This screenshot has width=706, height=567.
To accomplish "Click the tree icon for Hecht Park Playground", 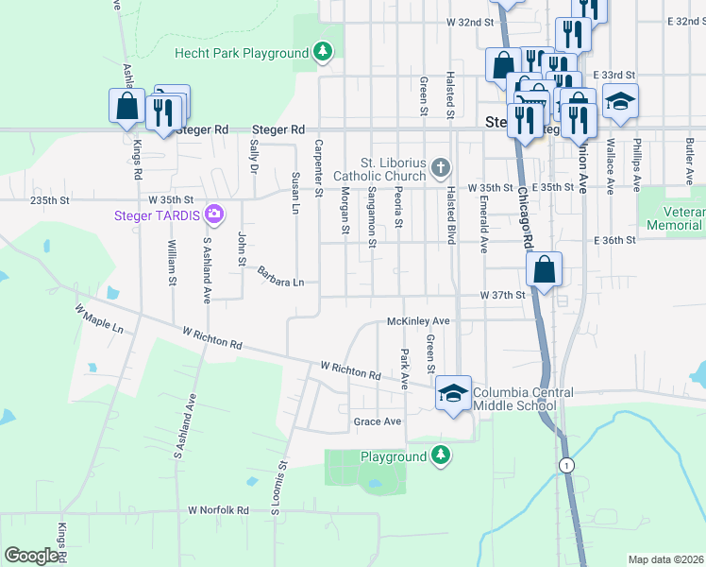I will click(324, 52).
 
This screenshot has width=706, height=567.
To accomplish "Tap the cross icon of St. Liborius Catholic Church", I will click(440, 168).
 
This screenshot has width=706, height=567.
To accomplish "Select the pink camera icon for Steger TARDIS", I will click(214, 215).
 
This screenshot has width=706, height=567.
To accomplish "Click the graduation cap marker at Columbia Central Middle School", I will click(453, 392).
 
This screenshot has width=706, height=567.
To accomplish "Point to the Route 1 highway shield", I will click(565, 465).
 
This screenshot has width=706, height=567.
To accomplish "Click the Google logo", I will click(31, 556).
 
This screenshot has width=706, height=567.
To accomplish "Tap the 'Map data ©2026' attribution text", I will click(665, 559).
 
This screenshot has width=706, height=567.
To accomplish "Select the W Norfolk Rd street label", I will click(218, 510).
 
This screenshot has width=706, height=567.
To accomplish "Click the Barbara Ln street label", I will click(281, 277).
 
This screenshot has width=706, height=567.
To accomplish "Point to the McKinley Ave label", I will click(418, 321).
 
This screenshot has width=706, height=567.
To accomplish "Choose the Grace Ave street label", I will click(377, 421).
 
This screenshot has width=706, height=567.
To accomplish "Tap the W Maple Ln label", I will click(99, 318).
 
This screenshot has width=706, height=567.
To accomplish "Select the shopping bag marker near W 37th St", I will click(545, 269).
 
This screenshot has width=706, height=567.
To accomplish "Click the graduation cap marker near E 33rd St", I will click(620, 101).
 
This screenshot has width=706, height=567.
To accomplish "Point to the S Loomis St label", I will click(279, 489).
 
